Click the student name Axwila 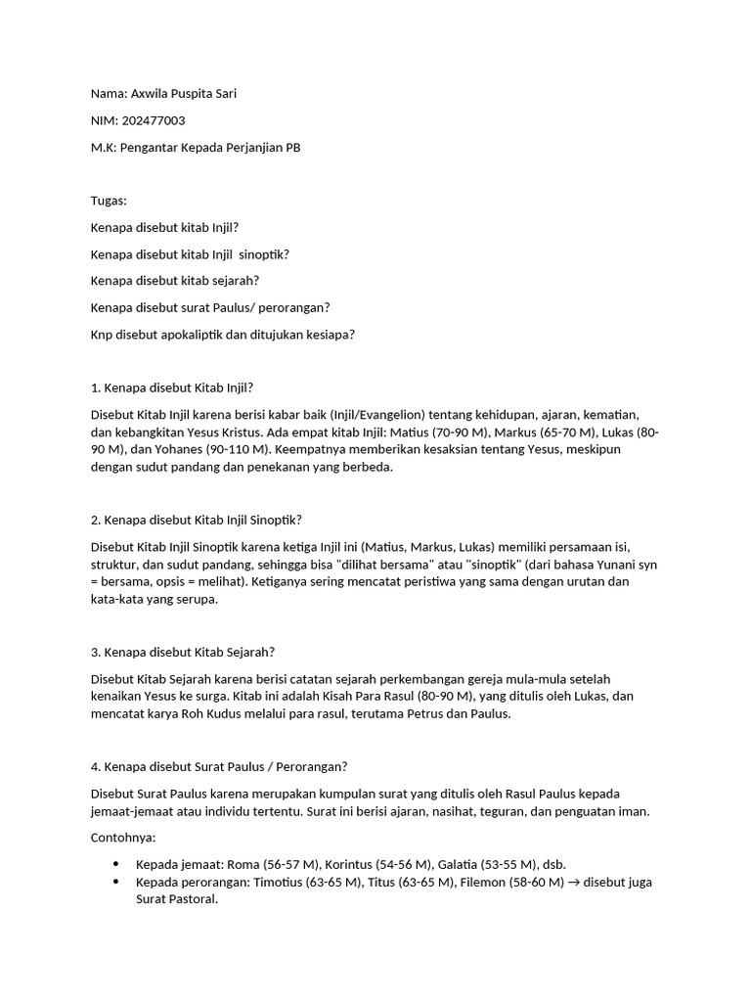tap(151, 94)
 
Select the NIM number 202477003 tap(154, 120)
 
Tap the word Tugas tap(108, 201)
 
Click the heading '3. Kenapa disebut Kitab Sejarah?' tap(182, 652)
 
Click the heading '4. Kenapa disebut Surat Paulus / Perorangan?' tap(219, 766)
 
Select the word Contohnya tap(122, 838)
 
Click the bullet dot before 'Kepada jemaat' tap(116, 864)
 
